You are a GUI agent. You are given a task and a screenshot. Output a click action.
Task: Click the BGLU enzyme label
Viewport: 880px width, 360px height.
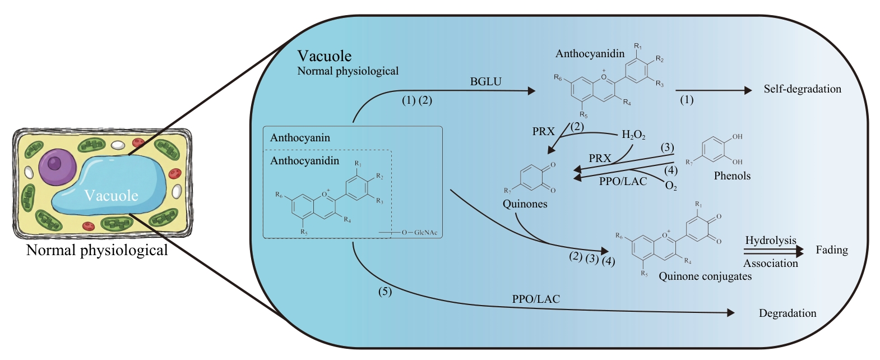click(485, 82)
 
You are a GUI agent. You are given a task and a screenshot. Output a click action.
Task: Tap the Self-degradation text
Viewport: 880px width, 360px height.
click(802, 89)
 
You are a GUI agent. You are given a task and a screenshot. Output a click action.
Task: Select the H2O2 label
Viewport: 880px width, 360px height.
click(633, 135)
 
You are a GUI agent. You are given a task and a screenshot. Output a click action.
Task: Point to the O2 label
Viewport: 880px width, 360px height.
click(671, 186)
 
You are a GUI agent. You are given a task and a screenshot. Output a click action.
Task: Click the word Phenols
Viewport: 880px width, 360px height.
click(732, 176)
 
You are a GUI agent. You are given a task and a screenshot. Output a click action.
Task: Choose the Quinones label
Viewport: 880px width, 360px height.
click(525, 204)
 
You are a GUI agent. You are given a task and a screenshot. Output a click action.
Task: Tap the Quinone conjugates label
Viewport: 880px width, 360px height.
click(705, 276)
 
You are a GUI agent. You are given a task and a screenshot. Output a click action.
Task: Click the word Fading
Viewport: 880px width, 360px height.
click(832, 250)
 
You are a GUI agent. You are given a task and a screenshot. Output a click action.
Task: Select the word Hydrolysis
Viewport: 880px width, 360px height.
click(771, 241)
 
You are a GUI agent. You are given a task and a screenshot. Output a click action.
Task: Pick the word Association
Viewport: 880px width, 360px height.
click(771, 264)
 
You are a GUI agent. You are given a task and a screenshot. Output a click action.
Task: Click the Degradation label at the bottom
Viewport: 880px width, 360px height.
click(788, 313)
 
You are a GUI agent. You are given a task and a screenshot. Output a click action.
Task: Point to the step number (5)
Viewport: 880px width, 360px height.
click(385, 292)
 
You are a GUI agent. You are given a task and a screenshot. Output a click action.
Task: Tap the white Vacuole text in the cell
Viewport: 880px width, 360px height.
click(111, 196)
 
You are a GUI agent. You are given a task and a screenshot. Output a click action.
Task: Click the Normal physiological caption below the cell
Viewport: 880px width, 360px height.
click(97, 250)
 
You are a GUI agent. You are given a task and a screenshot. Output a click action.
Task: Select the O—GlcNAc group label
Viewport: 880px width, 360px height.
click(419, 232)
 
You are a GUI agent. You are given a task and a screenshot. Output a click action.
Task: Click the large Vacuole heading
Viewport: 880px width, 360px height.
click(325, 56)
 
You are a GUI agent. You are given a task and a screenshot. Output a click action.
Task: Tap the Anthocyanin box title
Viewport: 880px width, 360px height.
click(300, 138)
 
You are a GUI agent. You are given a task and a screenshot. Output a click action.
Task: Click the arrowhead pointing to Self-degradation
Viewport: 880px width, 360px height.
click(748, 90)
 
